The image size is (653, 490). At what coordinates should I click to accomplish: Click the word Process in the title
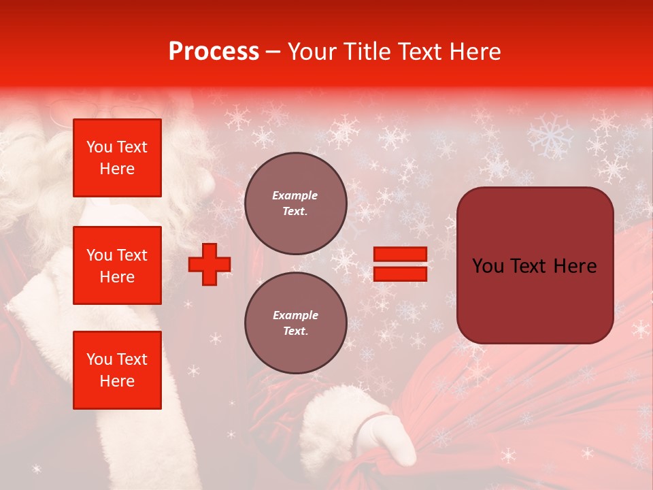coord(214,52)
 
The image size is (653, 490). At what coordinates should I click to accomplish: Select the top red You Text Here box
coord(117,158)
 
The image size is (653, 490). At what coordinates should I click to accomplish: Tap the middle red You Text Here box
coord(117,265)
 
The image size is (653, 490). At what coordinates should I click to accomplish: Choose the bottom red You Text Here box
coord(117,370)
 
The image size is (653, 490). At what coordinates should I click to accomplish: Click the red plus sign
coord(210,264)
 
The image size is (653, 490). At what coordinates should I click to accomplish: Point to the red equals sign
coord(400,264)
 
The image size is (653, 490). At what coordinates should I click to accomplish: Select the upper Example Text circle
coord(295,203)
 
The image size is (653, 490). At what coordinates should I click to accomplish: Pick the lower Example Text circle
coord(295,323)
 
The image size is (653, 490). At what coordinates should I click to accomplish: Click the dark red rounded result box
coord(535,265)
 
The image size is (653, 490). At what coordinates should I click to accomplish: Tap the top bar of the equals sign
coord(400,254)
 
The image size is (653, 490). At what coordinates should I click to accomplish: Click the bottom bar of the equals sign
coord(400,274)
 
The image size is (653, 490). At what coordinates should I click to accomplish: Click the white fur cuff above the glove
coord(340,415)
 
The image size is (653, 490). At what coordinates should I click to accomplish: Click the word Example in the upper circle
coord(295,195)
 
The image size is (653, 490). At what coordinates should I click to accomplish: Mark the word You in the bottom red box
coord(99,359)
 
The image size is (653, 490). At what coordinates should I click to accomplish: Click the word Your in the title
coord(312,52)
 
